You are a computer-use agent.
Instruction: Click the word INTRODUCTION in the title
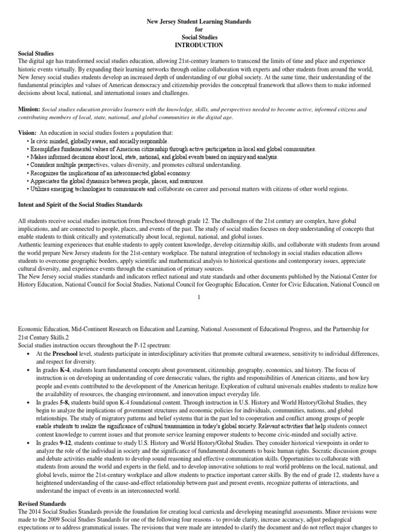click(x=198, y=45)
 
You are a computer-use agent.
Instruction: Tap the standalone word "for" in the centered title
click(x=198, y=30)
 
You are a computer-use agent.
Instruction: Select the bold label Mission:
click(x=29, y=109)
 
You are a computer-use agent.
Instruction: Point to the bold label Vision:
click(x=27, y=133)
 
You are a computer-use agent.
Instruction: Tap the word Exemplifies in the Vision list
click(x=47, y=149)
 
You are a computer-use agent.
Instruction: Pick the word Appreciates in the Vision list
click(x=47, y=181)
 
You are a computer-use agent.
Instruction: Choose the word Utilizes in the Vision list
click(x=41, y=189)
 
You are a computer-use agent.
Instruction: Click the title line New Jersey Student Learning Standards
click(x=198, y=22)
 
